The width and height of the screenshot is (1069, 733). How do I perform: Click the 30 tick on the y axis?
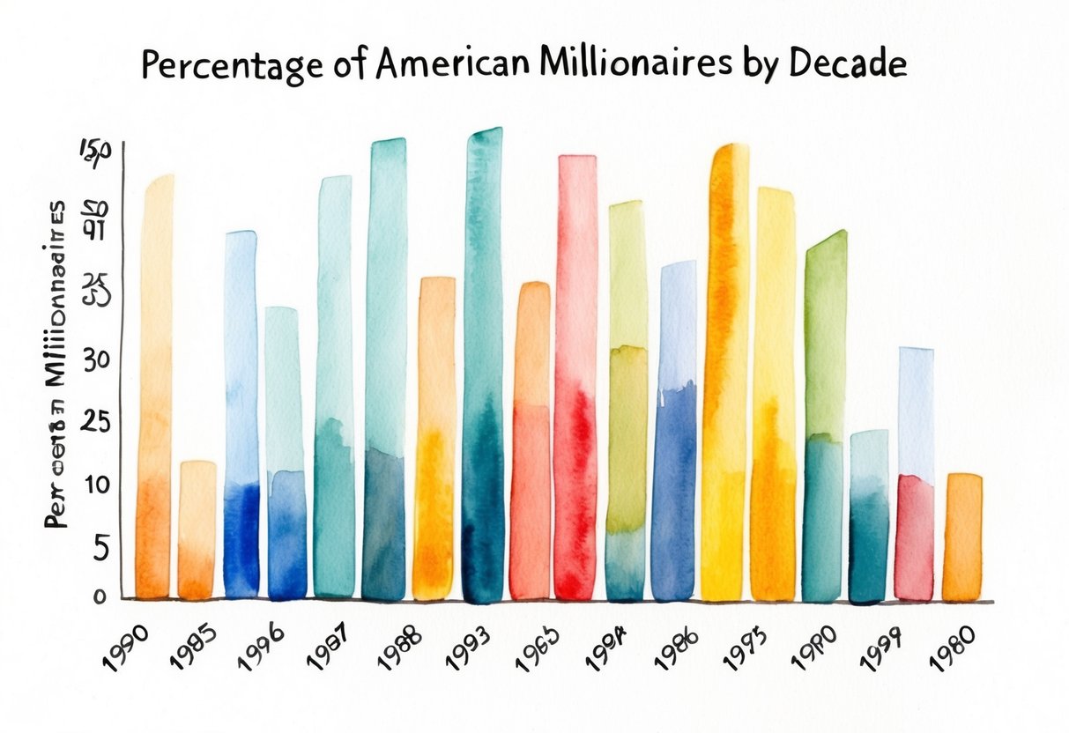click(95, 360)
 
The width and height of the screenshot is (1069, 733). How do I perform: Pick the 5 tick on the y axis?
click(99, 549)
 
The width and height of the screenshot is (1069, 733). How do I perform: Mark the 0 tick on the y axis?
click(99, 596)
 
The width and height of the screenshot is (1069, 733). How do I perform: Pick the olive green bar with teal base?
click(627, 401)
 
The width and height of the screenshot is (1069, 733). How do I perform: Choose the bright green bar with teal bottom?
click(824, 414)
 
